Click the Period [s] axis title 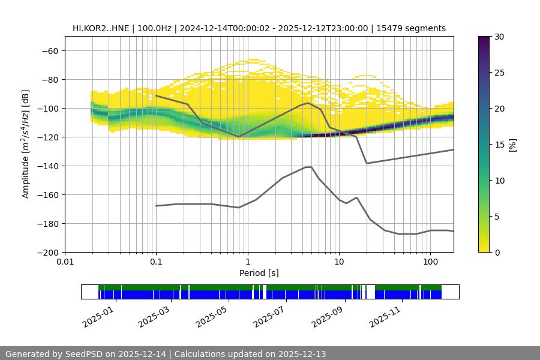click(259, 273)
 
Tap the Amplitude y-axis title click(26, 144)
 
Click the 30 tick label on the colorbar click(499, 37)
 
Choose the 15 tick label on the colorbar click(499, 145)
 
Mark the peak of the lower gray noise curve click(308, 167)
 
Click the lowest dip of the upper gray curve click(367, 163)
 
